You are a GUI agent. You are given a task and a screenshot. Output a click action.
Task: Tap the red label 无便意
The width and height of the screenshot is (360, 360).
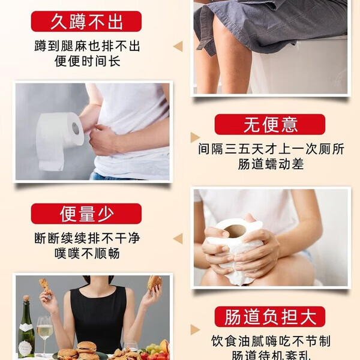(270, 125)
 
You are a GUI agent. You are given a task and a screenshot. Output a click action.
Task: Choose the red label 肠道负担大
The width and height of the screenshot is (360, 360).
(270, 317)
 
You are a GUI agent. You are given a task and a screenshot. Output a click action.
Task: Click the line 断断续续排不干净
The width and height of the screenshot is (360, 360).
(86, 238)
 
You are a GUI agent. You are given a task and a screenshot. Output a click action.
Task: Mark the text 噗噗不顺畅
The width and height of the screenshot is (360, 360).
(86, 253)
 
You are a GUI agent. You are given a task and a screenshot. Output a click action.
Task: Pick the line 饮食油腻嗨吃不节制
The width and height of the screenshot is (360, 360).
(271, 341)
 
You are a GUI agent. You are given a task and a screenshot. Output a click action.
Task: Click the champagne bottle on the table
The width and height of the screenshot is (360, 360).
(25, 327)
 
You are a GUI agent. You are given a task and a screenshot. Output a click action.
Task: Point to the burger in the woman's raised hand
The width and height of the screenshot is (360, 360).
(155, 283)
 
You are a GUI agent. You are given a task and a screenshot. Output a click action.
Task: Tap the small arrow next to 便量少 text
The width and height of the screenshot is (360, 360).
(178, 238)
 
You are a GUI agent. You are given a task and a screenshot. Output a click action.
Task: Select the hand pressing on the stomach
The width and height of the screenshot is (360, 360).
(106, 139)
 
